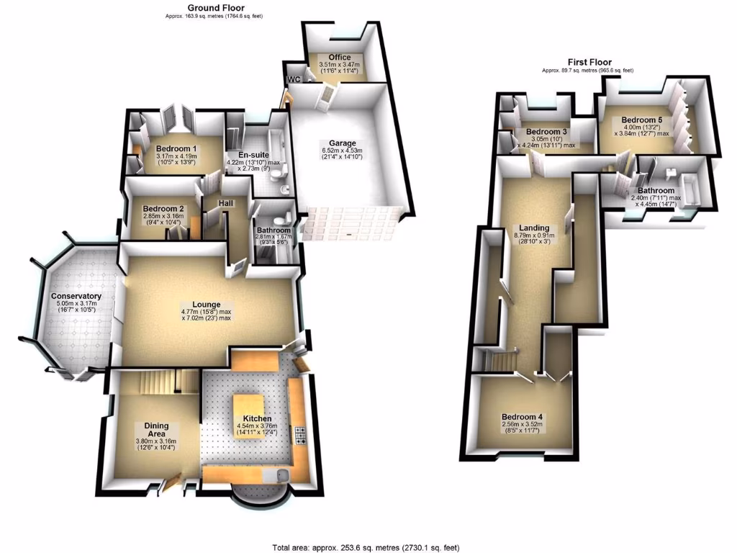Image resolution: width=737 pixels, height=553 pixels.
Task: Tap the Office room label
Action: [339, 58]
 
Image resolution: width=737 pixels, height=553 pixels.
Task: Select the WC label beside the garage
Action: [294, 78]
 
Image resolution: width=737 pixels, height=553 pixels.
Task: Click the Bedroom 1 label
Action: [177, 149]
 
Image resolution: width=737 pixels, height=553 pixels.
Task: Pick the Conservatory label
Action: [76, 296]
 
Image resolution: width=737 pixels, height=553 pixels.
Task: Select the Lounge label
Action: [207, 305]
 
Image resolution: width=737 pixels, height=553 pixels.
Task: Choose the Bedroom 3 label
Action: [546, 132]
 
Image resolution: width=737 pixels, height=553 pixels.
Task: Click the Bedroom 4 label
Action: [523, 417]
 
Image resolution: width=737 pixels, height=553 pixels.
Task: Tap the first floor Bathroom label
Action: [656, 191]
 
